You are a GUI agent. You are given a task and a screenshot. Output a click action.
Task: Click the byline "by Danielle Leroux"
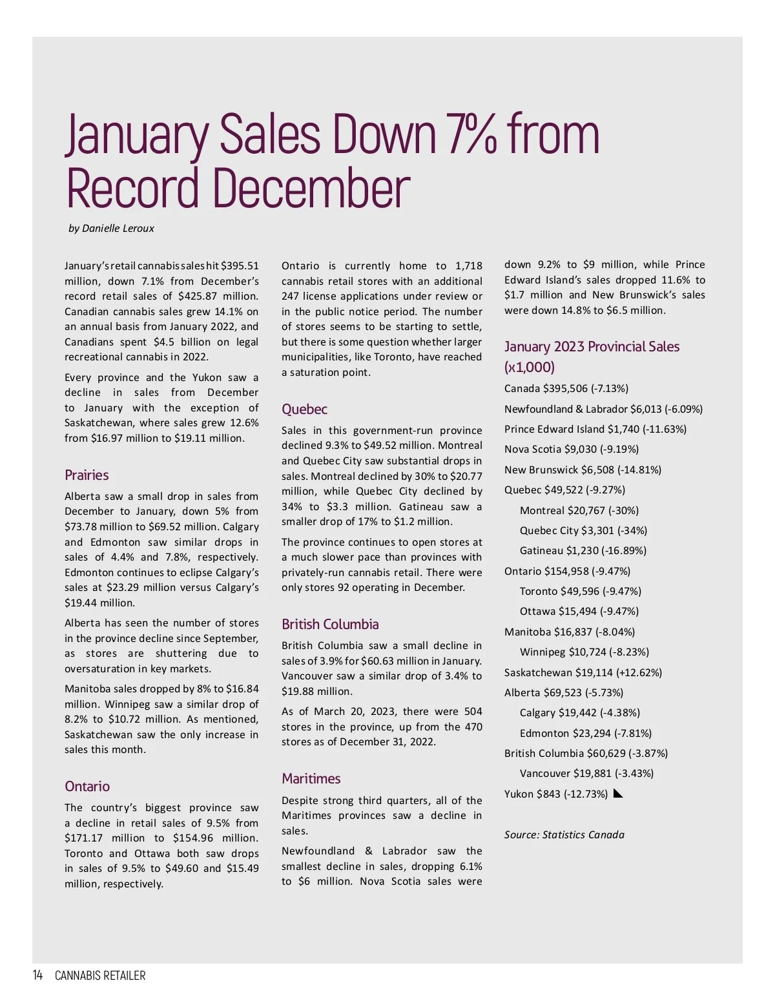point(111,229)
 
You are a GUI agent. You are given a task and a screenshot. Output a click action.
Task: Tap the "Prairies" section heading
point(87,475)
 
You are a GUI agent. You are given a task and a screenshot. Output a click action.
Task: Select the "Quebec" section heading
point(304,409)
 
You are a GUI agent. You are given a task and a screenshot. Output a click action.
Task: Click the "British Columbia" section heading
point(330,625)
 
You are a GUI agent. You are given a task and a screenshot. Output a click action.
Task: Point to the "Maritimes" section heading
point(311,779)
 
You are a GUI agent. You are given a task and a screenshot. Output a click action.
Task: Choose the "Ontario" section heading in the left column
point(87,787)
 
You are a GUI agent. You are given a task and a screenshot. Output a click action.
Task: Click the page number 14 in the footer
point(37,975)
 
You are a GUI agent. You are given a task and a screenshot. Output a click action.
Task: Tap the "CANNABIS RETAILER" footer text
point(100,975)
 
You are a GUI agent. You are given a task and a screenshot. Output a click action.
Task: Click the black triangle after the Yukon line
point(617,794)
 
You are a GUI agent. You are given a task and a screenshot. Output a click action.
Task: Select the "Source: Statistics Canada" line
point(564,835)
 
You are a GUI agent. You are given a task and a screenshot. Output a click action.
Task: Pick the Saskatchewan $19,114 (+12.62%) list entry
point(583,673)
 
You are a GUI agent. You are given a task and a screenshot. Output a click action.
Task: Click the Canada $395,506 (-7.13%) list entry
point(566,389)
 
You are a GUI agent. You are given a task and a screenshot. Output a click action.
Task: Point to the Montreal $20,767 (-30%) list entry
point(579,511)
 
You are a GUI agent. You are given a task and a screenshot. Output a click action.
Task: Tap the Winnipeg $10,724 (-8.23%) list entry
point(584,652)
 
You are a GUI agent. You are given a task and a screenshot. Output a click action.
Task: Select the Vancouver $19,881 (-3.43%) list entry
point(586,774)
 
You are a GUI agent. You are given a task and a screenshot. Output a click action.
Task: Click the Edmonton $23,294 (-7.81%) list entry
point(585,734)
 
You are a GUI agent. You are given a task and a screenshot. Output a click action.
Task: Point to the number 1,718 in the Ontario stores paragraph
point(468,266)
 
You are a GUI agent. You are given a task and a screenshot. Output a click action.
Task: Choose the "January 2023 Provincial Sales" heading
point(592,347)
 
